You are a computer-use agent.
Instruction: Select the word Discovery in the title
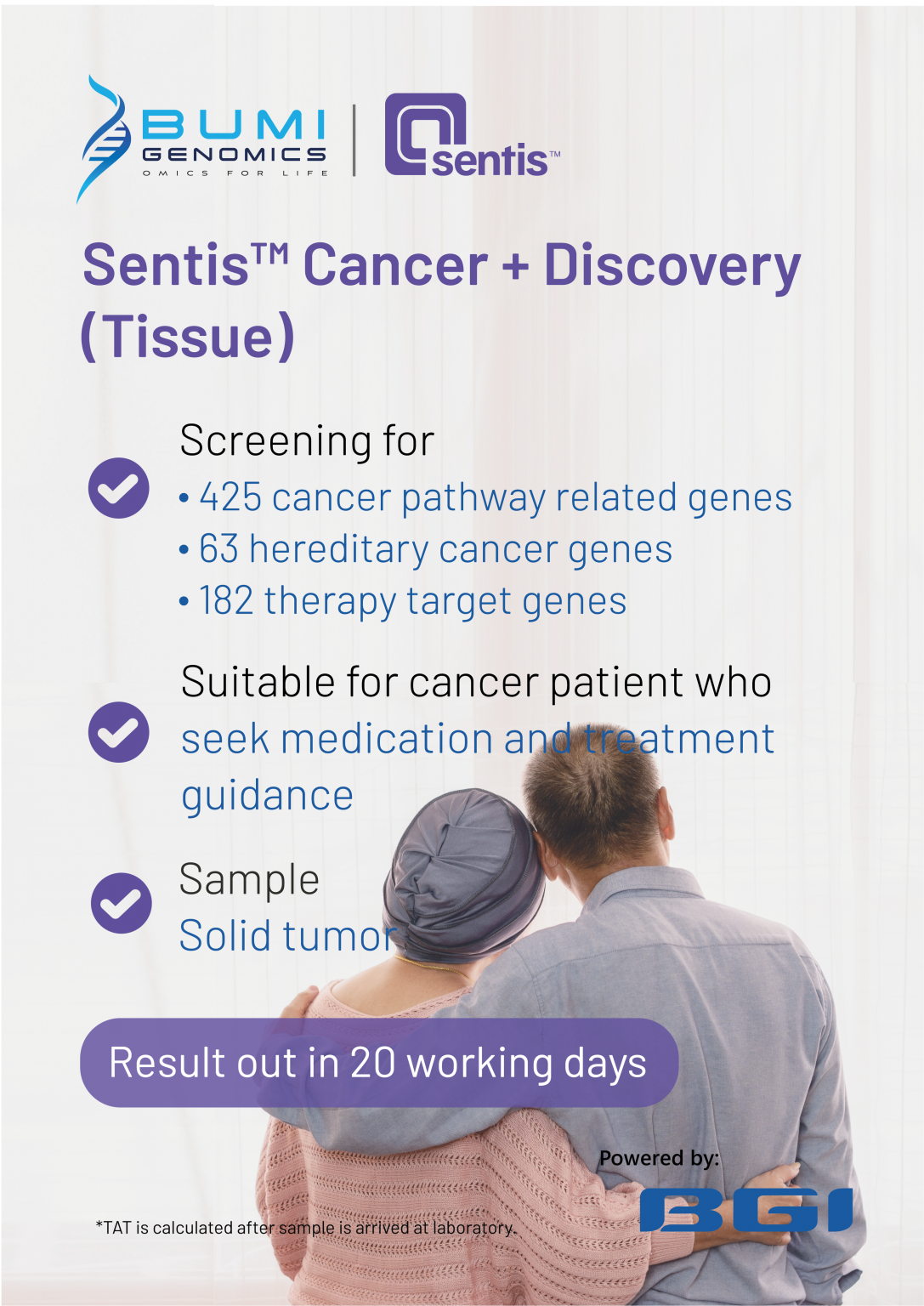coord(672,266)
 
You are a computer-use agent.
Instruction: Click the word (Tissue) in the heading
coord(188,337)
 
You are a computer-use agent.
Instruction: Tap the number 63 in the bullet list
coord(218,549)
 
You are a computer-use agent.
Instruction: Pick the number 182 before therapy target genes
coord(226,601)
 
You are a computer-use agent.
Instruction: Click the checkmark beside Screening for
coord(119,488)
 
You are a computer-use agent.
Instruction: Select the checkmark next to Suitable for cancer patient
coord(119,732)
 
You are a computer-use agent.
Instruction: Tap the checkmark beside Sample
coord(121,903)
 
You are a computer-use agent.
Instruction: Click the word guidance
coord(267,796)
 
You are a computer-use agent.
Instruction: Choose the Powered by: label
coord(659,1158)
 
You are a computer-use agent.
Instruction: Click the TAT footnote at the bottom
coord(305,1228)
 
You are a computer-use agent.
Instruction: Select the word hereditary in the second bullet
coord(338,550)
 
